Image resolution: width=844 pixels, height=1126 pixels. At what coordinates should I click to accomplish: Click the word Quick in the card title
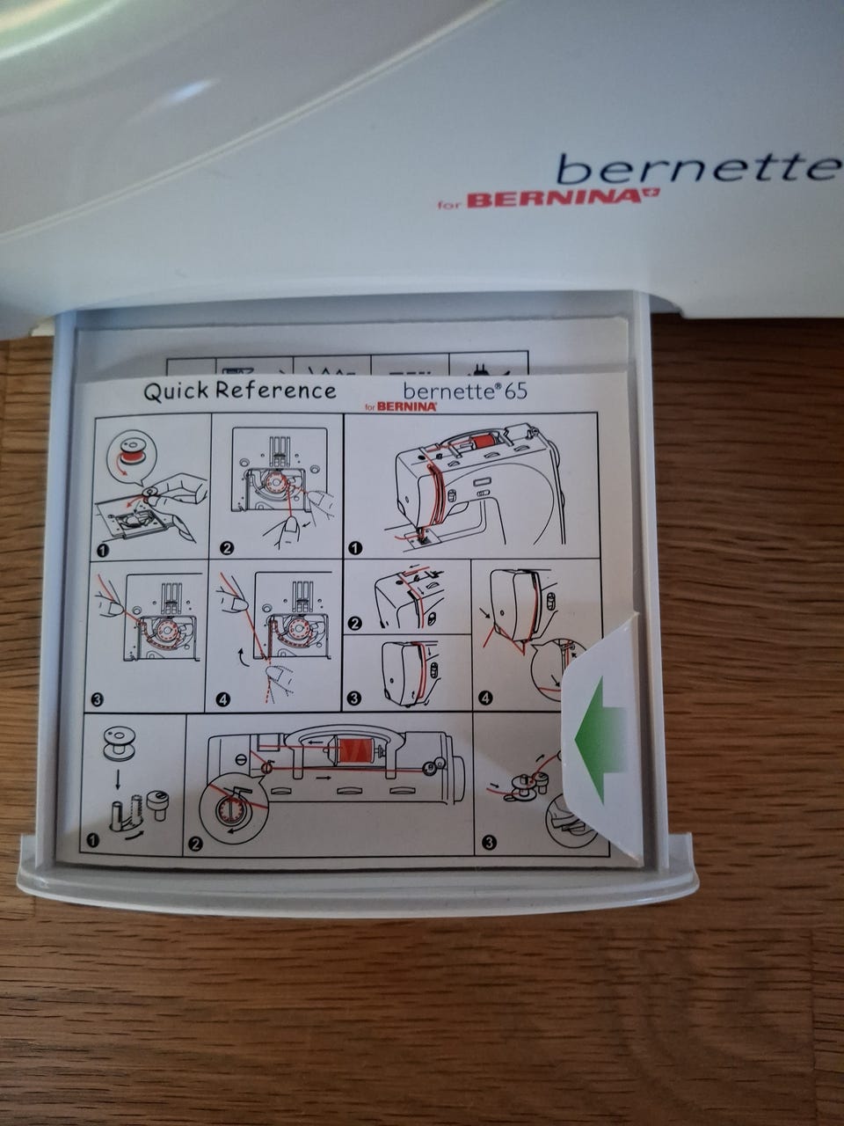[176, 392]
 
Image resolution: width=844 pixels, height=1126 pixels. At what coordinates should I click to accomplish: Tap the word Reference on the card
[275, 391]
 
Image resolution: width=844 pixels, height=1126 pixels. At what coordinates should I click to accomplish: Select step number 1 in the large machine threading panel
[355, 548]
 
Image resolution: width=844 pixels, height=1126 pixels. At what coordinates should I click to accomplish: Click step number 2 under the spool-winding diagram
[195, 844]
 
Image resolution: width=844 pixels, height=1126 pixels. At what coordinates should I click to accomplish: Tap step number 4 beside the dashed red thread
[222, 699]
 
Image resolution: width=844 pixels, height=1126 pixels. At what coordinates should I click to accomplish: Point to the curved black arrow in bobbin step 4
[244, 657]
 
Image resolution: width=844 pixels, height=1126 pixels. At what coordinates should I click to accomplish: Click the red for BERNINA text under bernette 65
[400, 407]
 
